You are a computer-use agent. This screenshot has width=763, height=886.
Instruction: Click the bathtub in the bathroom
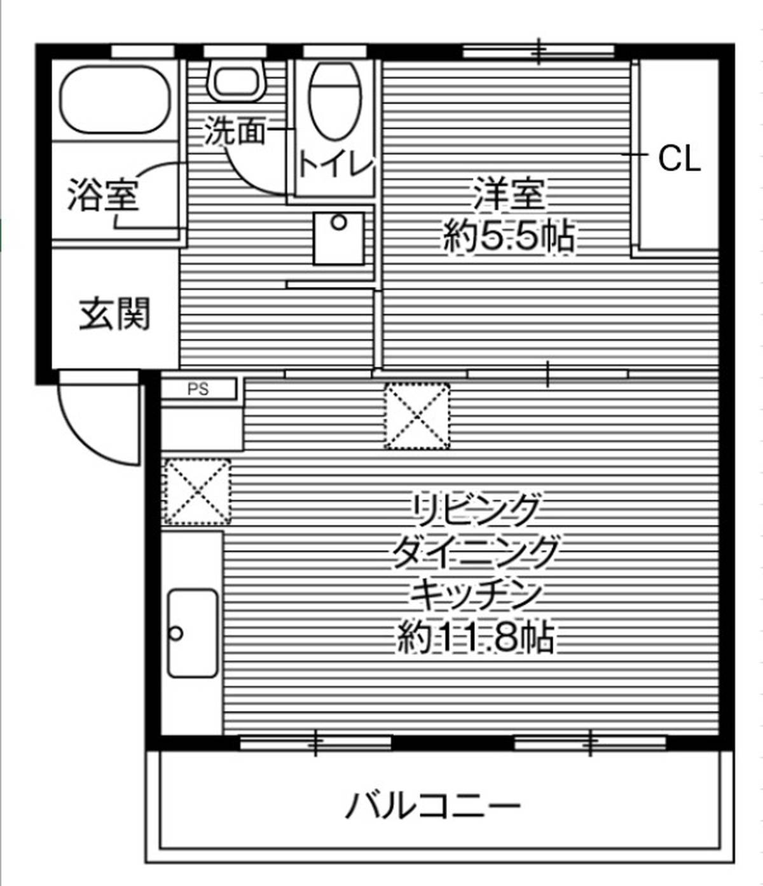pos(116,99)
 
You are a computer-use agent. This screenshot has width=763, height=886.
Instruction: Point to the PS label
pos(198,389)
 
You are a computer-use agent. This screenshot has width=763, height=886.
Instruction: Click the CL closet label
pos(679,159)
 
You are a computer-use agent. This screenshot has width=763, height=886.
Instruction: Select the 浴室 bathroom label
pos(103,195)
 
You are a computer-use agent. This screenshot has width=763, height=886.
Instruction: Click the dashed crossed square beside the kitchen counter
pos(198,492)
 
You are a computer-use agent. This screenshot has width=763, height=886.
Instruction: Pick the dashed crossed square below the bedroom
pos(417,416)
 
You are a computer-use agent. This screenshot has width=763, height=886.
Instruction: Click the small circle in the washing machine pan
pos(340,223)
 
